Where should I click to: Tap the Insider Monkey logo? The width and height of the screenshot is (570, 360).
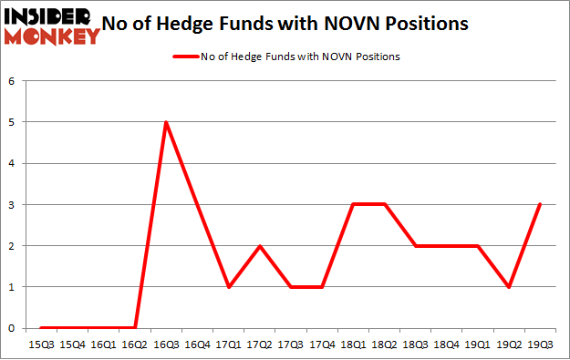point(51,26)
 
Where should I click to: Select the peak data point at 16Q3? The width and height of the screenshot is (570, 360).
point(166,122)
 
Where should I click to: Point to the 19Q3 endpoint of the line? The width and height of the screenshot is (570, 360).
point(540,204)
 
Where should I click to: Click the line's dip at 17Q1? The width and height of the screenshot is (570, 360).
point(228,287)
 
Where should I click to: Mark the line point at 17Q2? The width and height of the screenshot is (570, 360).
point(259,246)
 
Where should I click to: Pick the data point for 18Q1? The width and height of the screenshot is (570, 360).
point(353,204)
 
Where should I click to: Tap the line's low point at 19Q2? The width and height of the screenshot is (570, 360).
point(508,287)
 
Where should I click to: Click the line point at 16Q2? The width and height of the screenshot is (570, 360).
point(135,328)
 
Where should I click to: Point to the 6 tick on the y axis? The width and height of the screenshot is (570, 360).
point(12,81)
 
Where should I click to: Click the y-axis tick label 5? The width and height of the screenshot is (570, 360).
point(12,122)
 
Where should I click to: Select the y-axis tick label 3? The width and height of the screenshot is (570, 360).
point(12,204)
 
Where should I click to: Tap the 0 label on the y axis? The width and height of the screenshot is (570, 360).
point(12,328)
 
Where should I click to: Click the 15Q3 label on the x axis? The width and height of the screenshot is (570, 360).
point(41,345)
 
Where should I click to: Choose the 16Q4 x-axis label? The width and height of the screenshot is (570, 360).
point(197,345)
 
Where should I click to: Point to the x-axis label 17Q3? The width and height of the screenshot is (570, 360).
point(291,345)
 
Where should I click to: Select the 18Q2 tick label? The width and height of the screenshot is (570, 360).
point(384,345)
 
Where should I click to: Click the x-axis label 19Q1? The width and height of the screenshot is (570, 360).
point(477,345)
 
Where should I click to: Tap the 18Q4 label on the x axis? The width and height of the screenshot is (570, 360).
point(446,345)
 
